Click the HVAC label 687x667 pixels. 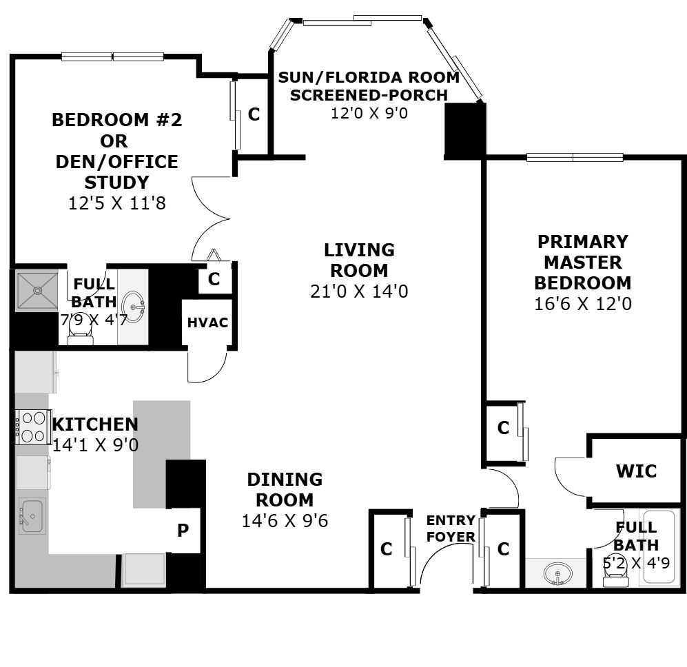point(207,322)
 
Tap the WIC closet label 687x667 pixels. point(636,471)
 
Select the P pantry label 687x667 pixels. point(183,531)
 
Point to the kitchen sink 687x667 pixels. point(32,516)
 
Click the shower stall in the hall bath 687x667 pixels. point(37,291)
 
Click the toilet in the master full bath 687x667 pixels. point(615,573)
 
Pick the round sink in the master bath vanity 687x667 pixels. point(557,573)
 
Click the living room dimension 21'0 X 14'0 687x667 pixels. point(359,291)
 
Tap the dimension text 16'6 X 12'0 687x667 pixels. point(583,304)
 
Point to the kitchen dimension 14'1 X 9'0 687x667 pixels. point(96,445)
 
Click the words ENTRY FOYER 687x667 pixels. point(451,529)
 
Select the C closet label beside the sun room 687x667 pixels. point(254,114)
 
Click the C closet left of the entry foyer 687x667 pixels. point(386,548)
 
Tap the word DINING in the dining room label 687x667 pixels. point(285,480)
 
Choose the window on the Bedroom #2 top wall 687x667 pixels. point(112,57)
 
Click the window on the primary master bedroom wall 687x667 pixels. point(575,157)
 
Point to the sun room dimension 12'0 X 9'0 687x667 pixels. point(369,113)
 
